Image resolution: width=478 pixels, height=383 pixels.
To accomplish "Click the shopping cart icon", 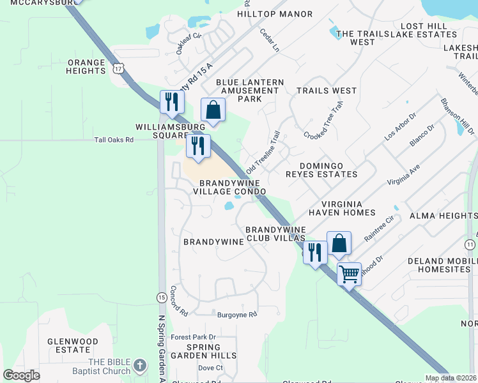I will [x=349, y=274].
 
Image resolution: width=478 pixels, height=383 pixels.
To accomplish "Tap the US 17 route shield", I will [x=118, y=68].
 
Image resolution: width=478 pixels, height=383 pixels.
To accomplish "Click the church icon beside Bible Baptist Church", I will [x=140, y=367].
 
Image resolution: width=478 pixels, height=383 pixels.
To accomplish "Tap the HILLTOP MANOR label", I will [x=275, y=14].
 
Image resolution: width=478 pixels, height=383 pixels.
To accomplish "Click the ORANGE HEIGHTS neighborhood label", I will [x=86, y=66].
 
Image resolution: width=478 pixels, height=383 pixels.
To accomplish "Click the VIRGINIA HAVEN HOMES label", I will [x=342, y=208].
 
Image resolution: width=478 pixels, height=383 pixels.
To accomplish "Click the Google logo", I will [x=22, y=375].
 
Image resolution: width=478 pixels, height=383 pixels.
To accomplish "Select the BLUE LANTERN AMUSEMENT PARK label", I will [x=250, y=91].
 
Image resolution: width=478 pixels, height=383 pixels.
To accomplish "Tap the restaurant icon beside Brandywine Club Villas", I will [x=314, y=252].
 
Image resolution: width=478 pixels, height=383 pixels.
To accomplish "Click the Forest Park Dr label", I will [x=194, y=337].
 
